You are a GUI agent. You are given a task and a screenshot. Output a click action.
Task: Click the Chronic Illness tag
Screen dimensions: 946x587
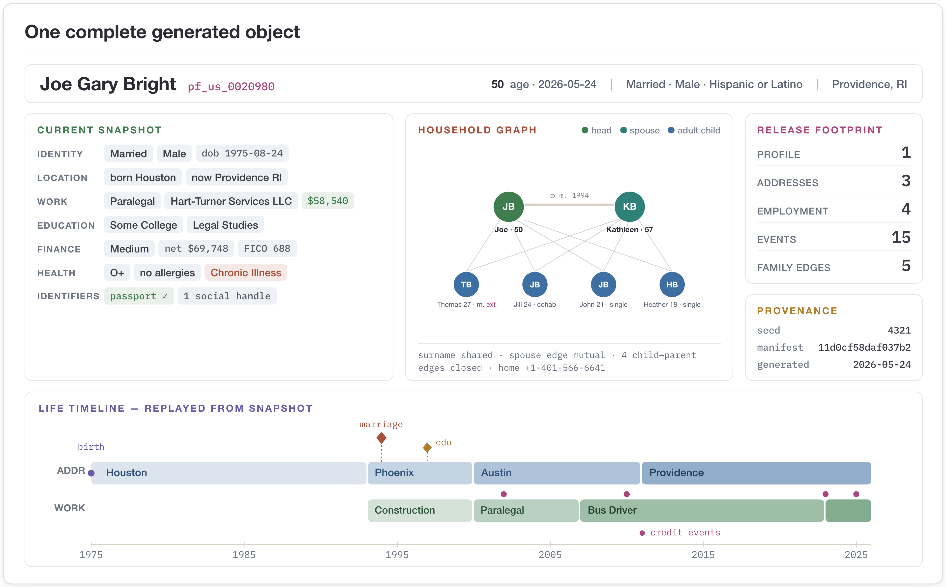(246, 273)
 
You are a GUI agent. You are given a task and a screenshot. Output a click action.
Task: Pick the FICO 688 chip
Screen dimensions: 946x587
(267, 248)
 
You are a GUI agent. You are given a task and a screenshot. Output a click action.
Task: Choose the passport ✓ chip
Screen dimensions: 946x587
(139, 296)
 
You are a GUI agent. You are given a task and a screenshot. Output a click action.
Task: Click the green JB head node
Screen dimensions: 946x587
(508, 207)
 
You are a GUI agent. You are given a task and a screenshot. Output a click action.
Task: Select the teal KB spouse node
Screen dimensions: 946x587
(629, 207)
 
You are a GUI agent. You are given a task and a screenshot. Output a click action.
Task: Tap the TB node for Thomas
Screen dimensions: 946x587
(466, 284)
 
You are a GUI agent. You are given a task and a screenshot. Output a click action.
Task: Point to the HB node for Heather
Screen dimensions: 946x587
(672, 284)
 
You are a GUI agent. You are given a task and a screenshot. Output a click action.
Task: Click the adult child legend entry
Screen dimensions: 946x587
(694, 130)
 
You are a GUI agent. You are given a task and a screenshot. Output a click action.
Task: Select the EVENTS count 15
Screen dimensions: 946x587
(901, 237)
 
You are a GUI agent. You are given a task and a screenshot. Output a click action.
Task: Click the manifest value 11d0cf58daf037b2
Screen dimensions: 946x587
(864, 347)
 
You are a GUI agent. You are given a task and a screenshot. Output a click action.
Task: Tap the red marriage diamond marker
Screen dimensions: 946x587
(382, 438)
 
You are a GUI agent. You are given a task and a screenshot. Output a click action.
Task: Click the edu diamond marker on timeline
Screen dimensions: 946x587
(427, 448)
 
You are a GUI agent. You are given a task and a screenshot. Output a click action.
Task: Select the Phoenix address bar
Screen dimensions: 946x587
(420, 473)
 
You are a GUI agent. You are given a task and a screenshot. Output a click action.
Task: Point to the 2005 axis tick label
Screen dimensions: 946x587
(550, 555)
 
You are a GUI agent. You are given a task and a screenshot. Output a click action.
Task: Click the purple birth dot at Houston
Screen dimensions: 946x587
(91, 473)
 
